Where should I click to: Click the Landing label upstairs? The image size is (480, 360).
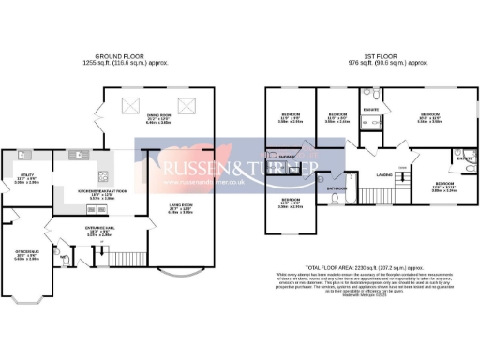point(384,174)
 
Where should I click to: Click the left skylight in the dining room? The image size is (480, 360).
point(131,105)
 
